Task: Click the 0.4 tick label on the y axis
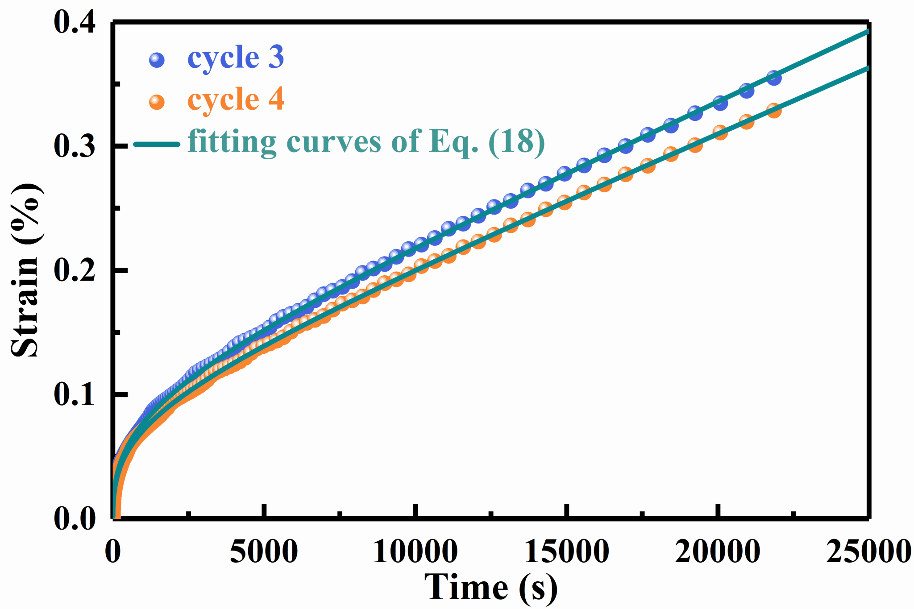point(75,22)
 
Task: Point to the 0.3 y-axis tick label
point(75,146)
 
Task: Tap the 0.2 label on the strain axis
point(75,270)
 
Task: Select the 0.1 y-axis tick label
point(75,394)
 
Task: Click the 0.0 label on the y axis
point(75,519)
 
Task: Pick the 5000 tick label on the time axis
point(264,551)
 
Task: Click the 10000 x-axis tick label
point(415,551)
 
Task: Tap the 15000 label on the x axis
point(566,551)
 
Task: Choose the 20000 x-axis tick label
point(718,551)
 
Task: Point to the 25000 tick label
point(868,551)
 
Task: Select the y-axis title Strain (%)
point(26,270)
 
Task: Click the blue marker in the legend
point(157,59)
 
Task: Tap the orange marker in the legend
point(157,102)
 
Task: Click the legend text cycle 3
point(236,58)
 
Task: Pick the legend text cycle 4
point(236,99)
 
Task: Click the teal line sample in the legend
point(157,144)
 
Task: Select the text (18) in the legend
point(517,142)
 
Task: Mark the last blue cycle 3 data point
point(774,78)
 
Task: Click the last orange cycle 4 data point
point(774,110)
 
